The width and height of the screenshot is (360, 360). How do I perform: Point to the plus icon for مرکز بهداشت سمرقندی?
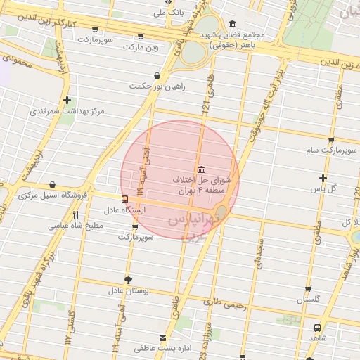[x=67, y=100]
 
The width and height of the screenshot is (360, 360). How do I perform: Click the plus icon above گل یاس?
[x=323, y=178]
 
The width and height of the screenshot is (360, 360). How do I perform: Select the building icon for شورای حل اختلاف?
[x=202, y=169]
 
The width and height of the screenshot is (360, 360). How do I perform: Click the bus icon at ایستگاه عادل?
[x=124, y=199]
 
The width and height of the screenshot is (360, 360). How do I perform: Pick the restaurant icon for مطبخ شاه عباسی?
[x=76, y=215]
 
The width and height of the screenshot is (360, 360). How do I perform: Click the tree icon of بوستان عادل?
[x=127, y=279]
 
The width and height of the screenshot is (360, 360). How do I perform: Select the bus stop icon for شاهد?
[x=318, y=328]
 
